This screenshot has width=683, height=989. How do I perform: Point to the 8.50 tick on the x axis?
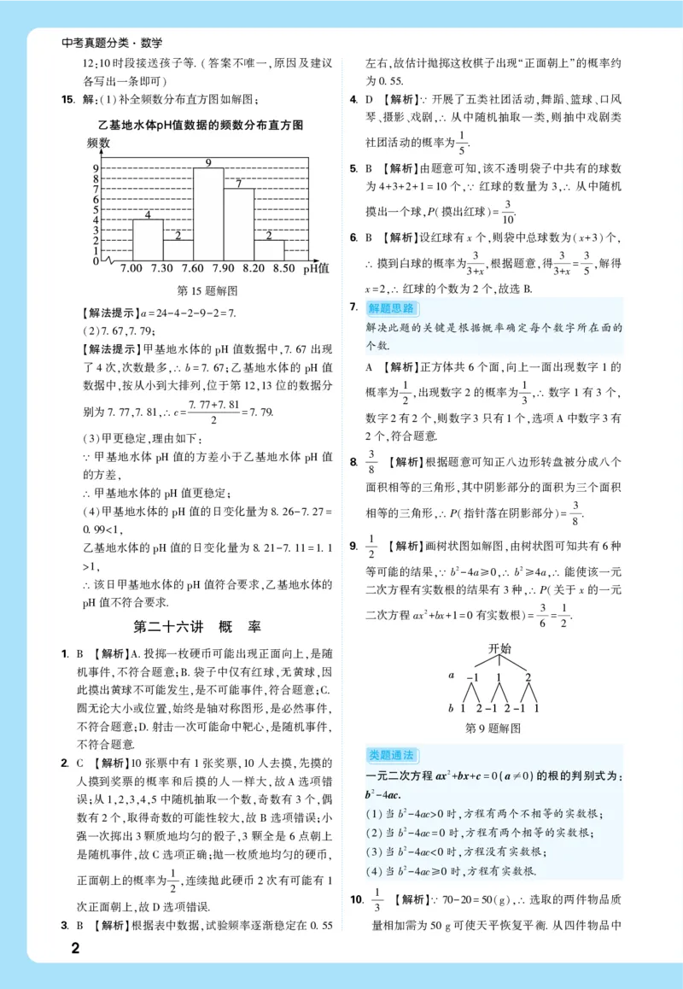point(283,269)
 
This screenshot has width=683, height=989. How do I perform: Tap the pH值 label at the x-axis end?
point(317,269)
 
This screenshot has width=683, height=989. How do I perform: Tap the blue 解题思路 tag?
point(391,308)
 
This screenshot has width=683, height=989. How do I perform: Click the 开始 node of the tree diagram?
point(499,648)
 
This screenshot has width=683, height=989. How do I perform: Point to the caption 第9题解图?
point(493,729)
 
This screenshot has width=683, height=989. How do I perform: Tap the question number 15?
point(67,100)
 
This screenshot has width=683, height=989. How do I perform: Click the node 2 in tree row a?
point(528,677)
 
